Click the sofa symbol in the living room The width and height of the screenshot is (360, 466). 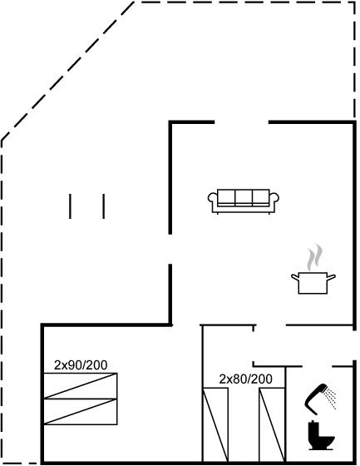pyautogui.click(x=244, y=201)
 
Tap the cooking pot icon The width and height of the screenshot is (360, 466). pyautogui.click(x=313, y=283)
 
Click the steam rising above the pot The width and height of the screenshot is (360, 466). pyautogui.click(x=314, y=257)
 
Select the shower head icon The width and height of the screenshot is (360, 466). pyautogui.click(x=315, y=399)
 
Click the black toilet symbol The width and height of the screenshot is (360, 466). pyautogui.click(x=320, y=435)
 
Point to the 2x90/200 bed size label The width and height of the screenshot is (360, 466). pyautogui.click(x=81, y=365)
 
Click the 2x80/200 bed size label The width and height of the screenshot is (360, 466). pyautogui.click(x=245, y=379)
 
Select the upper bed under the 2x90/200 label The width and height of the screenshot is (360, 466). pyautogui.click(x=80, y=386)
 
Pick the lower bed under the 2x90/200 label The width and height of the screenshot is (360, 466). pyautogui.click(x=80, y=412)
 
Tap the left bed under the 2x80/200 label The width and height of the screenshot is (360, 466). pyautogui.click(x=215, y=424)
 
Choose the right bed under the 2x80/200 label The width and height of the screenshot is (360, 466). pyautogui.click(x=272, y=424)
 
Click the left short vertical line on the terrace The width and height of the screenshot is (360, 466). pyautogui.click(x=70, y=206)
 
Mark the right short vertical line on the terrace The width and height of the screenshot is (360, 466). pyautogui.click(x=104, y=206)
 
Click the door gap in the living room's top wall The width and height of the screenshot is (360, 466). pyautogui.click(x=241, y=122)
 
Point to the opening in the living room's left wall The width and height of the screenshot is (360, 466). pyautogui.click(x=170, y=249)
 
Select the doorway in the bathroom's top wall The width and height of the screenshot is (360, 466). pyautogui.click(x=317, y=366)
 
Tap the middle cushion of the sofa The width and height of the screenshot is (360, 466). pyautogui.click(x=244, y=196)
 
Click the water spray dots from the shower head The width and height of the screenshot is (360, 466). pyautogui.click(x=330, y=399)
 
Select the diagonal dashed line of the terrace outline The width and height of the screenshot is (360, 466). pyautogui.click(x=67, y=71)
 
